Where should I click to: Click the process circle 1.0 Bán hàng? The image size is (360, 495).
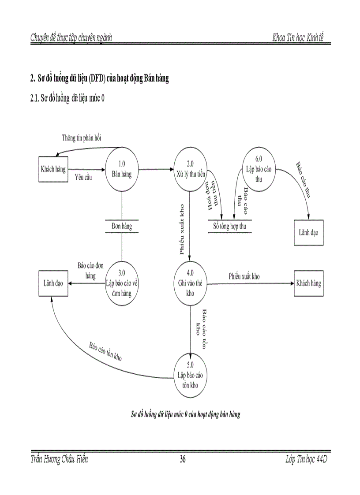[x=121, y=169]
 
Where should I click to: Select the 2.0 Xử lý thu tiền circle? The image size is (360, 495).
[x=190, y=169]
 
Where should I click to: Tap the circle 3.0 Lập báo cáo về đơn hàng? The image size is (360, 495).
[x=121, y=283]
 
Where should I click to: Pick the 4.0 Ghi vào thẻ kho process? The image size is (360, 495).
[x=190, y=283]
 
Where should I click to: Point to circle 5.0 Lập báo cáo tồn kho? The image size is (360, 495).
[x=190, y=375]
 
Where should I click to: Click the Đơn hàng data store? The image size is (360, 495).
[x=121, y=227]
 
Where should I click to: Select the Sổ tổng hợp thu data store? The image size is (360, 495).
[x=229, y=227]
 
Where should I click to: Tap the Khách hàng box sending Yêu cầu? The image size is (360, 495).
[x=53, y=169]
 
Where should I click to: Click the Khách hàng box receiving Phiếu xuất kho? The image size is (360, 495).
[x=309, y=283]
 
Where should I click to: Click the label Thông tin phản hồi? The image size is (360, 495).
[x=82, y=138]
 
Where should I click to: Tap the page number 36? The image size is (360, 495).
[x=182, y=460]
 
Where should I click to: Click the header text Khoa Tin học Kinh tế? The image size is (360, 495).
[x=301, y=38]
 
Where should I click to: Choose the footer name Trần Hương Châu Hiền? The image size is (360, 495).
[x=59, y=460]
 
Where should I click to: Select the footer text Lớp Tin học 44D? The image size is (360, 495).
[x=306, y=460]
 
